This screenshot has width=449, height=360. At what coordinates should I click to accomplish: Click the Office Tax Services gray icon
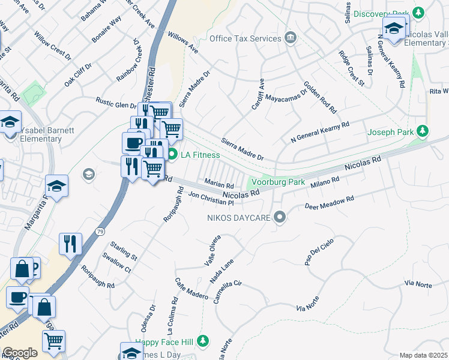291,38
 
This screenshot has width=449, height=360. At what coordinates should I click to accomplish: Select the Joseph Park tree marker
423,131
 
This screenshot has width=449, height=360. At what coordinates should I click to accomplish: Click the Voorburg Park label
278,182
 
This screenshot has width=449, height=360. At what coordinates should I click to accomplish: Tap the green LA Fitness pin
172,155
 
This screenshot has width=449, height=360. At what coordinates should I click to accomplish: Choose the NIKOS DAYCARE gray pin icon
279,217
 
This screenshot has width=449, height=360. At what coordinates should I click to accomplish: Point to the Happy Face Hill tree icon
203,341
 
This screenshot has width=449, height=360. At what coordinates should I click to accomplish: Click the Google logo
20,353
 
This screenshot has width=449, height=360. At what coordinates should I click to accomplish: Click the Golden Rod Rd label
320,97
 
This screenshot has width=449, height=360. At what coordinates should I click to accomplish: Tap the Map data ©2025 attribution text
424,355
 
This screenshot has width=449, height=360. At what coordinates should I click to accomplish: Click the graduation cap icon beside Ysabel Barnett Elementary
10,122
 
